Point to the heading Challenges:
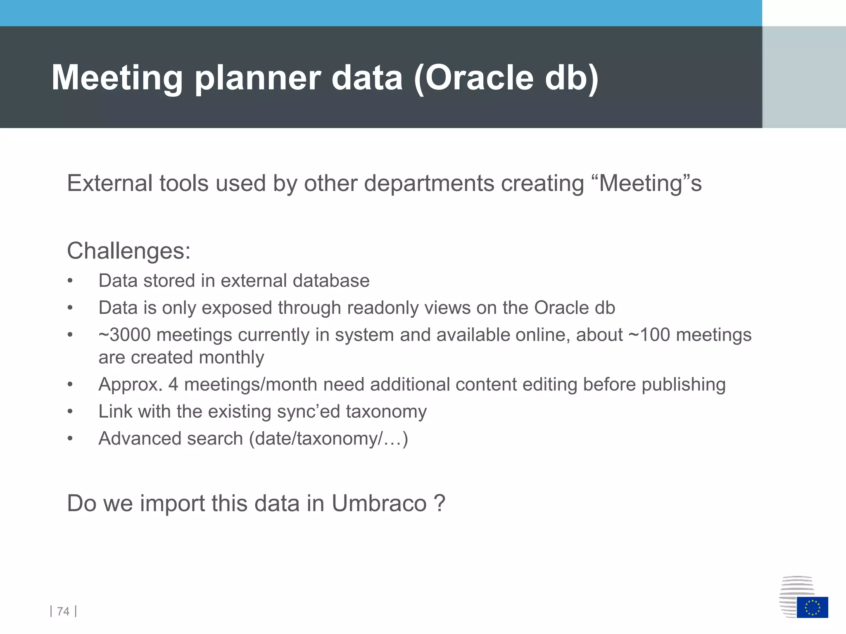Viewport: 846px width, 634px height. coord(128,251)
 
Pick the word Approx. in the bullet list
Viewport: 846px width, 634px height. coord(130,384)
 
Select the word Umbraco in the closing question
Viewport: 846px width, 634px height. coord(379,503)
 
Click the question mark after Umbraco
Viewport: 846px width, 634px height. coord(440,503)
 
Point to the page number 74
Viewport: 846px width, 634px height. coord(63,611)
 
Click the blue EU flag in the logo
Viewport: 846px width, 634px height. coord(812,607)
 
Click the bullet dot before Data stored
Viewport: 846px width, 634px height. coord(70,281)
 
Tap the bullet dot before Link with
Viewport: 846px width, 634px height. coord(70,412)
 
